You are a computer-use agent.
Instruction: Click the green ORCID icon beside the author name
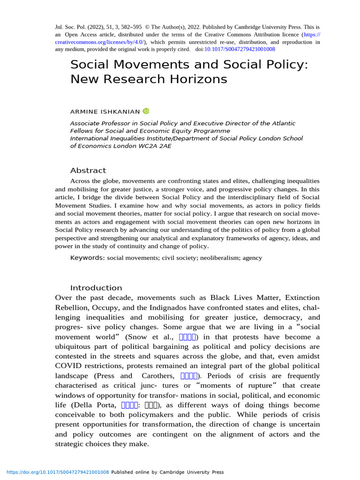(146, 111)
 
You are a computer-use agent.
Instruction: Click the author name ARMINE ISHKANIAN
(105, 112)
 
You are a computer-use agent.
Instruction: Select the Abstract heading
(88, 170)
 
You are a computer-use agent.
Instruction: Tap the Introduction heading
(96, 288)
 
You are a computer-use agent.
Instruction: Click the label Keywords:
(87, 258)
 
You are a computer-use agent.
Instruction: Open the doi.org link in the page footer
(57, 472)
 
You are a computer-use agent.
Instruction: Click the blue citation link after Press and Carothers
(190, 376)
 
